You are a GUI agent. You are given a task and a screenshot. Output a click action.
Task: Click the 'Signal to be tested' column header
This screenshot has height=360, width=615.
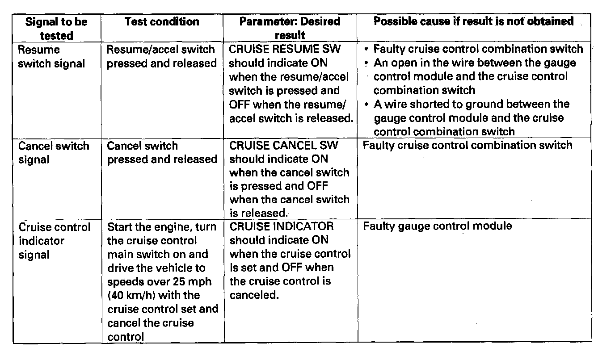pos(56,28)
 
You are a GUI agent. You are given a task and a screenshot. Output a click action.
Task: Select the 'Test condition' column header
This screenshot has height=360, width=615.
pos(162,21)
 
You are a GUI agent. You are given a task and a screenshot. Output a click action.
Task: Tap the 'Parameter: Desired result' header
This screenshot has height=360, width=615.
pos(290,28)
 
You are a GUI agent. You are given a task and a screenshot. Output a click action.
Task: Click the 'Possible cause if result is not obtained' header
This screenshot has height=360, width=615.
pos(473,21)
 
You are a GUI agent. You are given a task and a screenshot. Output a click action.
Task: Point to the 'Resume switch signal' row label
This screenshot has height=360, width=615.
pos(51,56)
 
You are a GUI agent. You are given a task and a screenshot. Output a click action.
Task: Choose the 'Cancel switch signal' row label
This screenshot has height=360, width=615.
pos(54,152)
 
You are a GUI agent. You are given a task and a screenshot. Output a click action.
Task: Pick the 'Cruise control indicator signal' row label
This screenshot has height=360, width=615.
pos(54,241)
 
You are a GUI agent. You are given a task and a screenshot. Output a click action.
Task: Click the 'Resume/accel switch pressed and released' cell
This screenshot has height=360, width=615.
pos(161,56)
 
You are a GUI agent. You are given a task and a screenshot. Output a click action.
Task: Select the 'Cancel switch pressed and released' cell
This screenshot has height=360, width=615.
pos(162,152)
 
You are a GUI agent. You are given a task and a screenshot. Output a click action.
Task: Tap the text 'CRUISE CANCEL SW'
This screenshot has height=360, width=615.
pos(284,146)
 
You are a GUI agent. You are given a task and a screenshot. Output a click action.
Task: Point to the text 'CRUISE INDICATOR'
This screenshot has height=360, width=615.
pos(282,226)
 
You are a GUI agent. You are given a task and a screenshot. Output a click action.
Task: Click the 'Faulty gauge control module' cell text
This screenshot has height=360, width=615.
pos(437,226)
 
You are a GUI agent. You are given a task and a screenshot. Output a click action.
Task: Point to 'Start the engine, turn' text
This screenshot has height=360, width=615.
pos(162,227)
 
